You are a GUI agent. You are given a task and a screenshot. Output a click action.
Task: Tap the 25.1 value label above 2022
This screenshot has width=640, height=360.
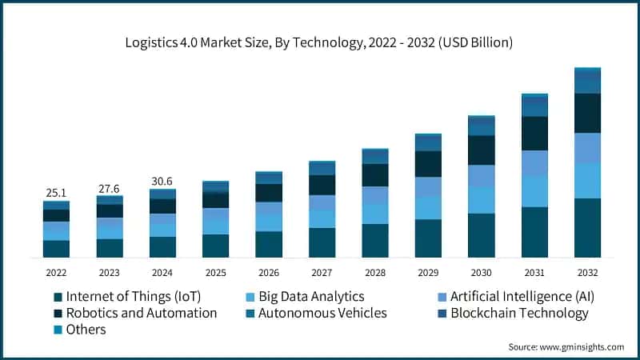click(x=56, y=192)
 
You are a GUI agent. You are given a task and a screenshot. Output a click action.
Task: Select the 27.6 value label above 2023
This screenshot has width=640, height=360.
click(x=110, y=187)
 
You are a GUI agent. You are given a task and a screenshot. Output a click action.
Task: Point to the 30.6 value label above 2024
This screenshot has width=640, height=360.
click(x=162, y=181)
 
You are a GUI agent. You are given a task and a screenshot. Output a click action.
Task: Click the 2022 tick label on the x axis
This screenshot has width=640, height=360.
click(x=56, y=272)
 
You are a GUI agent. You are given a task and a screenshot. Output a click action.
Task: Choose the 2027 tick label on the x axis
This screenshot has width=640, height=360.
click(x=322, y=272)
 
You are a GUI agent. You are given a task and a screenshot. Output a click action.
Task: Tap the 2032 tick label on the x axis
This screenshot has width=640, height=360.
click(x=587, y=272)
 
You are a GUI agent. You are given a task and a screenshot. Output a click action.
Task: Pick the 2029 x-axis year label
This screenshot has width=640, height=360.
click(x=428, y=272)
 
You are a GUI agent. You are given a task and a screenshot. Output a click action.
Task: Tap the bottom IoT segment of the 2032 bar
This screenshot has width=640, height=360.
click(x=587, y=228)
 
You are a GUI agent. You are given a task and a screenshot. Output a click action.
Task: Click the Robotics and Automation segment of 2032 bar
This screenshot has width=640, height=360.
click(x=587, y=113)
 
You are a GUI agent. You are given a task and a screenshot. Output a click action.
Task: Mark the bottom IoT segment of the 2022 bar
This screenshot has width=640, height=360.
click(x=56, y=249)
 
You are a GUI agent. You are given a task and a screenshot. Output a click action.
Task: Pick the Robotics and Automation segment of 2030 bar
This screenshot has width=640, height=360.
click(x=481, y=150)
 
